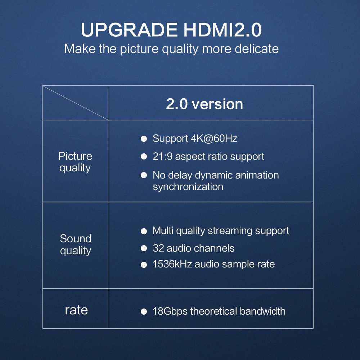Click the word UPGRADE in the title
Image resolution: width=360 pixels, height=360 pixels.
tap(129, 30)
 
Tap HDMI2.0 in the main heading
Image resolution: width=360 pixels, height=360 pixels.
tap(222, 30)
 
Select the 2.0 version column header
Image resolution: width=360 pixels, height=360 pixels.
tap(204, 104)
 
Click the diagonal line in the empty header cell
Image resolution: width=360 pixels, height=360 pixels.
tap(76, 103)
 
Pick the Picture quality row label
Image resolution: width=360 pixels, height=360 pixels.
tap(75, 162)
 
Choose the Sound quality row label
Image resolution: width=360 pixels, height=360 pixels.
tap(76, 244)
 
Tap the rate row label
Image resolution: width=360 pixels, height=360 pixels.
tap(76, 310)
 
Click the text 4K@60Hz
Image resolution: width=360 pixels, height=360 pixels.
tap(214, 139)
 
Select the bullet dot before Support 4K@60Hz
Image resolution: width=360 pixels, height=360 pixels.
tap(144, 139)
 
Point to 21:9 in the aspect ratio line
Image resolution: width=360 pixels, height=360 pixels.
tap(163, 157)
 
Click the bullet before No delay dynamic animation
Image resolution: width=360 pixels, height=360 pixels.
tap(144, 175)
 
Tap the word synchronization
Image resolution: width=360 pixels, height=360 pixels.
tap(188, 186)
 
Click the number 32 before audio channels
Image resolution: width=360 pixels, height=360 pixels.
tap(158, 248)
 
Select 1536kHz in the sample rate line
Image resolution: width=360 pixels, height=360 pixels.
tap(172, 264)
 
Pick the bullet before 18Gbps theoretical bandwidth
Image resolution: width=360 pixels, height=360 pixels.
tap(144, 311)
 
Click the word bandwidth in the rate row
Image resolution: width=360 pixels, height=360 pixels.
tap(263, 311)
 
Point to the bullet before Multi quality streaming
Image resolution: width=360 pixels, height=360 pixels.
tap(144, 231)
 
